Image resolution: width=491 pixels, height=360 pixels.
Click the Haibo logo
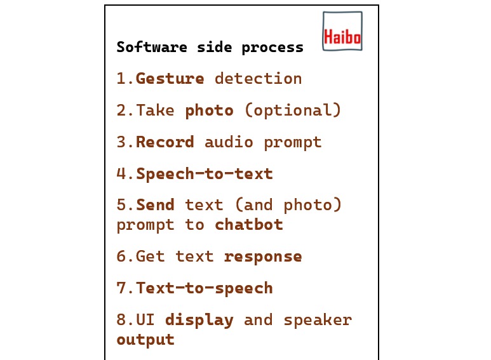[342, 31]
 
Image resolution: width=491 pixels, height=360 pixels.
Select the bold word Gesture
[170, 79]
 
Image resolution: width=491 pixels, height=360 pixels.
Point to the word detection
[258, 79]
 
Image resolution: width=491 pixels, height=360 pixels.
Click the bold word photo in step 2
[209, 110]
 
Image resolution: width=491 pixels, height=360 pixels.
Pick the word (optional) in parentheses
[293, 110]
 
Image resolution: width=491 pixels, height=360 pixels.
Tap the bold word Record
[165, 142]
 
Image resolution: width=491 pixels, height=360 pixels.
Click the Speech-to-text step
[205, 174]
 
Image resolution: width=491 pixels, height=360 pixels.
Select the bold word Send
[156, 206]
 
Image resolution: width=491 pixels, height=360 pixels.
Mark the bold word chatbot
[248, 225]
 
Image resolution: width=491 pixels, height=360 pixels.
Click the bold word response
[263, 257]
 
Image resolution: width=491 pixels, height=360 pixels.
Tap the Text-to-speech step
[205, 288]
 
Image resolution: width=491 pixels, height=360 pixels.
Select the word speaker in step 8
[318, 320]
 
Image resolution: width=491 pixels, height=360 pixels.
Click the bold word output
[145, 339]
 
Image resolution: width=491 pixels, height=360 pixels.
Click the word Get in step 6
[151, 257]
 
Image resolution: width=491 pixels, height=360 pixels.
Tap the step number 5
[121, 206]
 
